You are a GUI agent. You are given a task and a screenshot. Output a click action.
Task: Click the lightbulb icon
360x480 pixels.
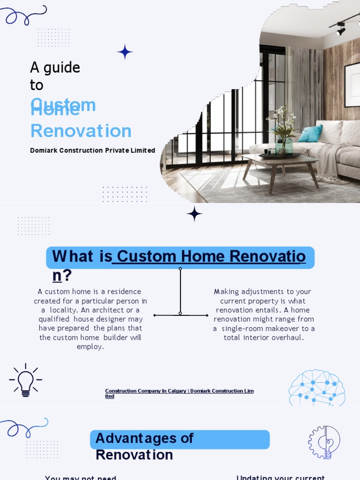point(25,380)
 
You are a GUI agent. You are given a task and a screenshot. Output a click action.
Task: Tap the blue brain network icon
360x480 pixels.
point(317,388)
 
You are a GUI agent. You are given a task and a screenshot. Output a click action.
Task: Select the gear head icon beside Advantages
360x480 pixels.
point(324,442)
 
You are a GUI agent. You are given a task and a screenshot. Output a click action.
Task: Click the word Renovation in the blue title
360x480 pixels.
point(81,131)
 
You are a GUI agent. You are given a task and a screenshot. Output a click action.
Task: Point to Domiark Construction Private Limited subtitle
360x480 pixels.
point(92,150)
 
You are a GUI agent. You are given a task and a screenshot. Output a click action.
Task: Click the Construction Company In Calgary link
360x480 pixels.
point(179,393)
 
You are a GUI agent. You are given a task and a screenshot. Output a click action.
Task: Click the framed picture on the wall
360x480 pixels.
point(352,84)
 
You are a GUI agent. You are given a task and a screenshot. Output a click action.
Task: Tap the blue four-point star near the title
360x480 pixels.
point(125,52)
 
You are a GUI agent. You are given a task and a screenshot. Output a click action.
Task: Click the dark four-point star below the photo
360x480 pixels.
point(194,214)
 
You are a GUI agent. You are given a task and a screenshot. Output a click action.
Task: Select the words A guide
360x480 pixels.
point(55,67)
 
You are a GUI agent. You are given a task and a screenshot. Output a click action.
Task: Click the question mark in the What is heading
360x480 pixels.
point(67,276)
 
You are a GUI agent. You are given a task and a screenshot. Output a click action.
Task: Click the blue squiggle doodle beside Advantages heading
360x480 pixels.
point(24,427)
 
